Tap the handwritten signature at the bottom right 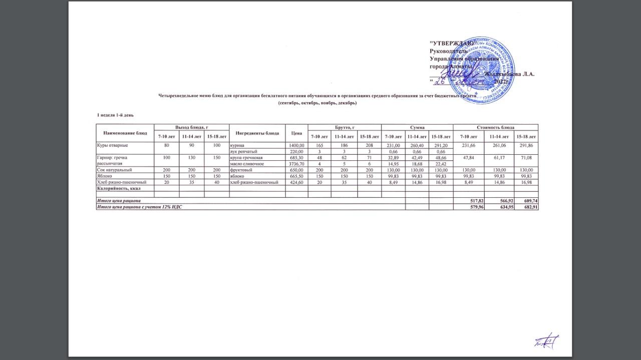coord(546,341)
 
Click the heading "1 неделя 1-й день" coord(115,116)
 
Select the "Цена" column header coord(296,133)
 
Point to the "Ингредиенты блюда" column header coord(257,133)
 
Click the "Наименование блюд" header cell coord(125,133)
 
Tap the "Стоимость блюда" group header coord(495,128)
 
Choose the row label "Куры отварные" coord(113,145)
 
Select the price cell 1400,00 coord(296,145)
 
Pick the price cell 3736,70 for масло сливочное coord(296,164)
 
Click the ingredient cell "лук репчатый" coord(243,151)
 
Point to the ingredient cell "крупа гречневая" coord(246,158)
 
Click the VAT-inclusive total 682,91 coord(530,207)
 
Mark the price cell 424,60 coord(296,182)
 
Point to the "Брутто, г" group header coord(345,128)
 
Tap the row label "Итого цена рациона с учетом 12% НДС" coord(136,207)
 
